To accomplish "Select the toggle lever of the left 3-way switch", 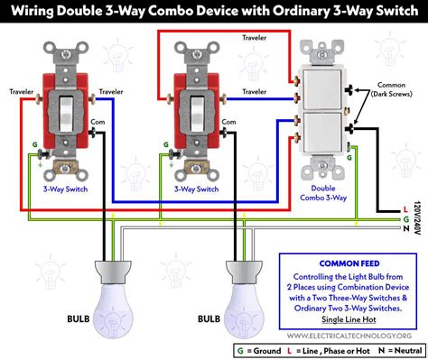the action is coord(66,114).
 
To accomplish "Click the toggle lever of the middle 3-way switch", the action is coord(198,114).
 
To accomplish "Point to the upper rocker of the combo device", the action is coord(322,89).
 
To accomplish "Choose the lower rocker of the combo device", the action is coord(322,132).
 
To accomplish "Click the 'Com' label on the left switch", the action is coord(98,122).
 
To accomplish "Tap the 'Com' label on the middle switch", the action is coord(228,122).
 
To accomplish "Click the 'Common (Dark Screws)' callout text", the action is coord(391,89).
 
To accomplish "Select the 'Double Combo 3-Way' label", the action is coord(323,193).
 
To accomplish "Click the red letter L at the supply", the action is coord(405,209).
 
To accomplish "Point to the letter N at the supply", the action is coord(406,228).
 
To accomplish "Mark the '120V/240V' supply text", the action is coord(417,217).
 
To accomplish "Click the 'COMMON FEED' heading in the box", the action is coord(349,263).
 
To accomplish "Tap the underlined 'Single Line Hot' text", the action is coord(349,319).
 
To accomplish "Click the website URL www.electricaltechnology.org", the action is coord(349,336).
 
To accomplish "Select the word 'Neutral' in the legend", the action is coord(408,350).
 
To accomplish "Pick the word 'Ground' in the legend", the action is coord(267,351).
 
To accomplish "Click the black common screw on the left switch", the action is coord(93,132).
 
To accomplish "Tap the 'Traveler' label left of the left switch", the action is coord(22,91).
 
